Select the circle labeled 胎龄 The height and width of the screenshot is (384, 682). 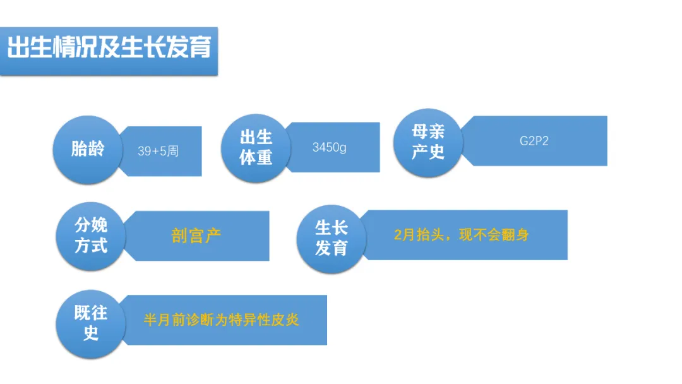88,149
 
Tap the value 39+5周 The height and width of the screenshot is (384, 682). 158,152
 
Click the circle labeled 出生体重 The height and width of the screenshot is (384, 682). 256,147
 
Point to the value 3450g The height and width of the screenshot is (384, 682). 330,148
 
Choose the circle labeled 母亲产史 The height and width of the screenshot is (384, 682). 428,141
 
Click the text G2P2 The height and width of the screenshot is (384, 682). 534,141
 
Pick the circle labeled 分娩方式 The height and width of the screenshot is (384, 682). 91,235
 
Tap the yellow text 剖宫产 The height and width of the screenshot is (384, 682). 196,236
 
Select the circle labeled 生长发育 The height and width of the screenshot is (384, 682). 332,237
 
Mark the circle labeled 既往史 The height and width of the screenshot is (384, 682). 91,322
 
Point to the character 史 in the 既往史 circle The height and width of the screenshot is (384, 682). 91,333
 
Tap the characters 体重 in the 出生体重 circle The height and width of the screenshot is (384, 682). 256,157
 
